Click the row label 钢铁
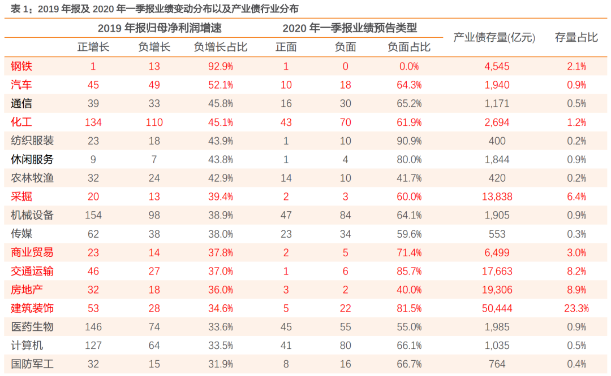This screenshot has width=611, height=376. tap(21, 66)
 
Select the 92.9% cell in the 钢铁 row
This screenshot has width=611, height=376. tap(220, 66)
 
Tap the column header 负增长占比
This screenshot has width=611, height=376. tap(220, 47)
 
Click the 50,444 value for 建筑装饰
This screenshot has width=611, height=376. tap(497, 308)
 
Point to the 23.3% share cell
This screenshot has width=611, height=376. tap(576, 308)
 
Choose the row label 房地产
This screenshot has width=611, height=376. tap(27, 290)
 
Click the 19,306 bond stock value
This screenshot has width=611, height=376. tap(497, 290)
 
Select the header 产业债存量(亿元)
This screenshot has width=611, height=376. tap(494, 38)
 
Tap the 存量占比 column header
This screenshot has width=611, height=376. tap(576, 38)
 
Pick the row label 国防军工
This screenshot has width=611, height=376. tap(32, 364)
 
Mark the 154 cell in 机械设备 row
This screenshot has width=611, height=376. tap(93, 215)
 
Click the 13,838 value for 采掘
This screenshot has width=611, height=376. tap(497, 196)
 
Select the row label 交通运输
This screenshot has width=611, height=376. tap(32, 271)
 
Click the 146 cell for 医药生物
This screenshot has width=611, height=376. tap(93, 327)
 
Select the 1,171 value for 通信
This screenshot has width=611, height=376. tap(497, 103)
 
